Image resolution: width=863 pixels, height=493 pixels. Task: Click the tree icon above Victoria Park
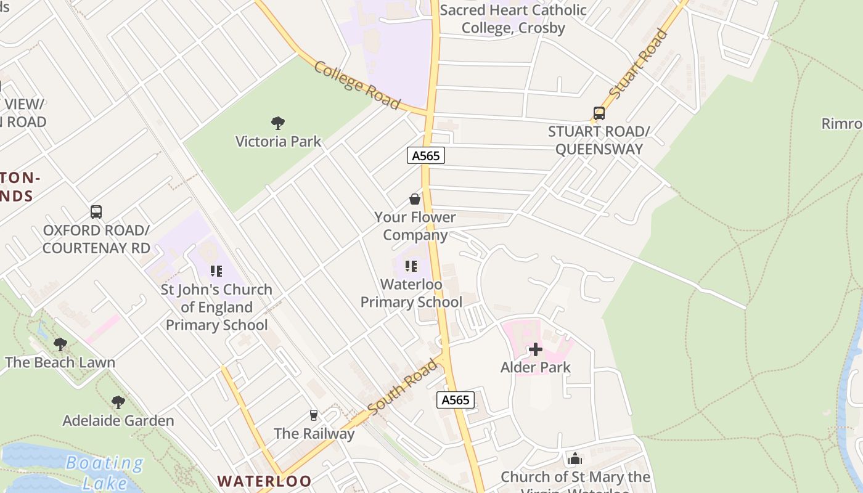click(x=278, y=123)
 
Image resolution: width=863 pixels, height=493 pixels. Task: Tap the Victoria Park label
click(x=279, y=141)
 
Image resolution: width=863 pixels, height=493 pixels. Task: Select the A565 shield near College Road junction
click(x=426, y=155)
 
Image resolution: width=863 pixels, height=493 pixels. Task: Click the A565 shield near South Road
click(x=456, y=400)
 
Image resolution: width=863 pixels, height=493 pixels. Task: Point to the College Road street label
click(x=357, y=85)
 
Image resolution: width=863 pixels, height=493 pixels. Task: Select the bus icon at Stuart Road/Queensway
click(x=599, y=113)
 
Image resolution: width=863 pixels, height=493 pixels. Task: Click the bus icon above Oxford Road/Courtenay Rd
click(x=96, y=212)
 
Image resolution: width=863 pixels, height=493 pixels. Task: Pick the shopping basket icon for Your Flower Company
click(x=415, y=199)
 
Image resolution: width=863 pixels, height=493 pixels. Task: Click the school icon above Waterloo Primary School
click(x=411, y=266)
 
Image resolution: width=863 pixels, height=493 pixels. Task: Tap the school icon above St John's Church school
click(x=216, y=271)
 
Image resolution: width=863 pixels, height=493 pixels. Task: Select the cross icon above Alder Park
click(x=535, y=349)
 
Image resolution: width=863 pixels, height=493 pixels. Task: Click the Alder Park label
click(x=535, y=367)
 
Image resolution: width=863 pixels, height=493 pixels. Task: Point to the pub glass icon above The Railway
click(x=314, y=415)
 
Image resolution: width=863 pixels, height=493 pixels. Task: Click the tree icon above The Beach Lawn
click(x=60, y=344)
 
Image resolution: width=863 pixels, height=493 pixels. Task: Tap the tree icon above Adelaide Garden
click(x=118, y=402)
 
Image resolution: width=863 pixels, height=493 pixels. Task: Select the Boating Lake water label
click(x=104, y=472)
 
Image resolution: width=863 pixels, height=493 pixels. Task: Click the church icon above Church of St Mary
click(x=575, y=458)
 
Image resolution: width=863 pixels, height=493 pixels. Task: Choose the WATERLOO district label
click(x=264, y=481)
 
